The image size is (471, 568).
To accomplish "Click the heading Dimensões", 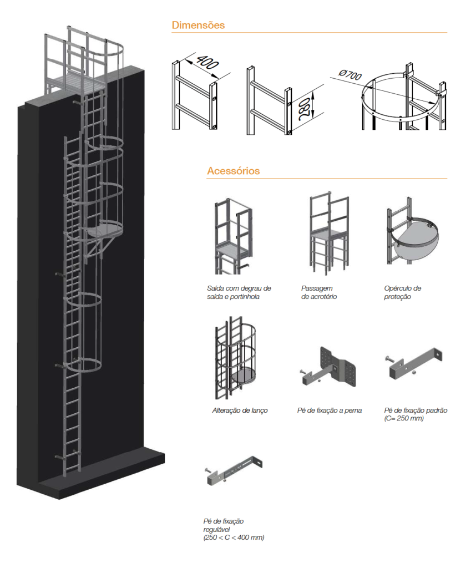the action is click(198, 25).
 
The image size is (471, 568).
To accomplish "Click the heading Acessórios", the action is click(234, 171).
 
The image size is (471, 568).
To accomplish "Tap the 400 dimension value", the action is click(207, 62).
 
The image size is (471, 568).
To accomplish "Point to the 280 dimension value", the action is click(304, 109).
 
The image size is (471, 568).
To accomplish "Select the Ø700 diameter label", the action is click(351, 75).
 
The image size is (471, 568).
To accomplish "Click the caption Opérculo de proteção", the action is click(403, 292).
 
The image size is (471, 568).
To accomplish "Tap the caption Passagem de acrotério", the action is click(319, 292).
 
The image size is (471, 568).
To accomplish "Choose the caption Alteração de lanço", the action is click(240, 410).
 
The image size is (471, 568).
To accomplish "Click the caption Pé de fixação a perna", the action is click(330, 410).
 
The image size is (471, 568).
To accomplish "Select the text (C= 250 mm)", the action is click(404, 418).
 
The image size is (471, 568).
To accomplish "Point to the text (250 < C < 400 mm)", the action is click(234, 537).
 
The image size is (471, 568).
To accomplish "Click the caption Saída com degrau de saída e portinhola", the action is click(239, 292).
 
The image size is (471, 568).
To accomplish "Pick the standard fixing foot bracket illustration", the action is click(414, 363).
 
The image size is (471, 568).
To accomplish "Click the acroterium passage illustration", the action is click(329, 233).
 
